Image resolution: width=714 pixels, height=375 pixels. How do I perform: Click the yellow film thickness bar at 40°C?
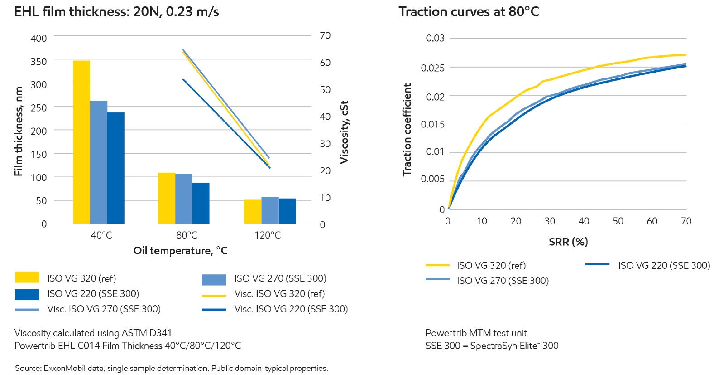[x=81, y=142]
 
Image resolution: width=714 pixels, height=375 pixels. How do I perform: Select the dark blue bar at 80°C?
[x=201, y=203]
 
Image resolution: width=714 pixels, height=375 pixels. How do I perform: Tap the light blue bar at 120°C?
[x=270, y=210]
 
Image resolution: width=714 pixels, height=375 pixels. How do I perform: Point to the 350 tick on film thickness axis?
[x=38, y=61]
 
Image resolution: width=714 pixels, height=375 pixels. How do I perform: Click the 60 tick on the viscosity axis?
[x=325, y=63]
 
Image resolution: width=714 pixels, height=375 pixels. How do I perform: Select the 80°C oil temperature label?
[x=187, y=235]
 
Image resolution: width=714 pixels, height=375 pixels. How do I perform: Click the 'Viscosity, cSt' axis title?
[x=344, y=132]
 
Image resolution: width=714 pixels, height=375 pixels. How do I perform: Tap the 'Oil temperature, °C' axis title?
[x=180, y=251]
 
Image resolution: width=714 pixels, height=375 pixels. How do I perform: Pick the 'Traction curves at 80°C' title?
[x=469, y=12]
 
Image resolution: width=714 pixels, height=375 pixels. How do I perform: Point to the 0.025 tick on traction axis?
[x=432, y=68]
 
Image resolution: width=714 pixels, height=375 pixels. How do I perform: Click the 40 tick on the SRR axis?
[x=584, y=221]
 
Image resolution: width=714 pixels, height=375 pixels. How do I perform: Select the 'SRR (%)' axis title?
[x=568, y=242]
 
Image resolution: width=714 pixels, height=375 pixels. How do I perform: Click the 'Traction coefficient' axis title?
[x=407, y=130]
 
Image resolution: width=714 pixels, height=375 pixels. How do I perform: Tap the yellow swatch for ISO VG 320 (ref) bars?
[x=27, y=278]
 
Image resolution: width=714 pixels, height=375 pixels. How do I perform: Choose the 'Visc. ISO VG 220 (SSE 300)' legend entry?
[x=291, y=309]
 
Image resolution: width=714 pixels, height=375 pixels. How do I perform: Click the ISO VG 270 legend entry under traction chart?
[x=503, y=281]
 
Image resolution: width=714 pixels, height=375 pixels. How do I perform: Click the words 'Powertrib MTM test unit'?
[x=476, y=333]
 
